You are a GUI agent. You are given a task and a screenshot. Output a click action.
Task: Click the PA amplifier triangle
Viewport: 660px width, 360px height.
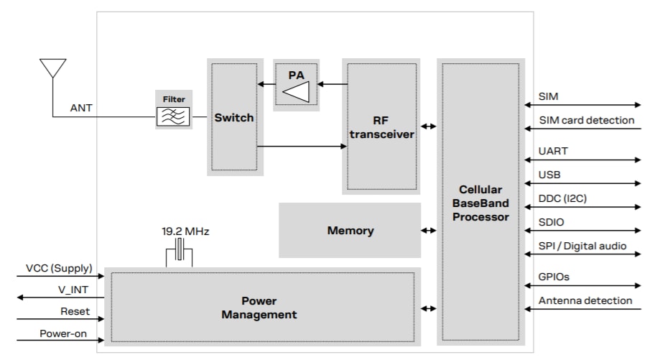tap(296, 91)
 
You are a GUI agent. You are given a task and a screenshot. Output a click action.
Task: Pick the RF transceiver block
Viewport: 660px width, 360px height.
tap(381, 126)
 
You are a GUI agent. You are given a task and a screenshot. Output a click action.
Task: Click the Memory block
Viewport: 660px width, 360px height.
tap(350, 231)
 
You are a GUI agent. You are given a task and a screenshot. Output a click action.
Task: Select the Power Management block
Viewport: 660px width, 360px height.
tap(259, 308)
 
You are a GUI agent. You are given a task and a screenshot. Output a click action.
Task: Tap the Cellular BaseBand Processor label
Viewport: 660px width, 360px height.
tap(480, 203)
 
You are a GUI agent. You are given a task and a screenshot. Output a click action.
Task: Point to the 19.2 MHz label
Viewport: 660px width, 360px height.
tap(185, 232)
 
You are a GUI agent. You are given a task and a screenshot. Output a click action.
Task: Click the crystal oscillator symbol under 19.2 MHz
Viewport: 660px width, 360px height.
tap(179, 253)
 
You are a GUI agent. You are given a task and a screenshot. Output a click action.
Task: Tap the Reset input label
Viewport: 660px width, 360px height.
tap(75, 311)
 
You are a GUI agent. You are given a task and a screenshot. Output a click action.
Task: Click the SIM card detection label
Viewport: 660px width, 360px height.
tap(586, 120)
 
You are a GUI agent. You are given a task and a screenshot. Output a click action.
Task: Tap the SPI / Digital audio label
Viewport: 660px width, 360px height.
tap(582, 246)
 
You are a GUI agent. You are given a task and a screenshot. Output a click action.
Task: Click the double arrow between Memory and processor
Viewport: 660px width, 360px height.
tap(429, 231)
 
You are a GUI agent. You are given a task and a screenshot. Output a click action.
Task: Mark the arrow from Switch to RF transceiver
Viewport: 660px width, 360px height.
tap(302, 147)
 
